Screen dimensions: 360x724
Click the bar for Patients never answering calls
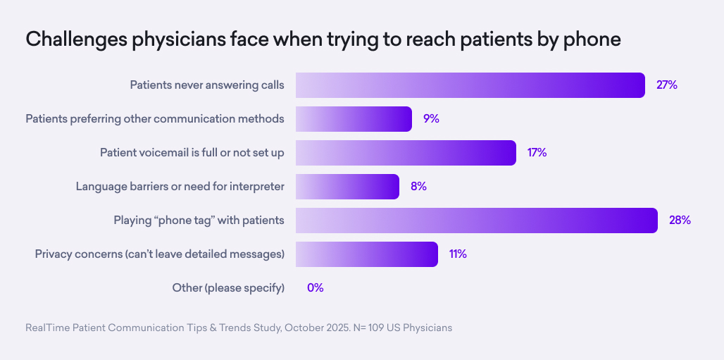click(x=470, y=85)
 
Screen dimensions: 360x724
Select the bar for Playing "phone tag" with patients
click(x=476, y=221)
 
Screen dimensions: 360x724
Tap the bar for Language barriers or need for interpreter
click(x=347, y=187)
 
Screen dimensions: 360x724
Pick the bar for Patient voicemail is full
click(x=406, y=153)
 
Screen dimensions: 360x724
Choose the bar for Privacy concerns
click(x=367, y=254)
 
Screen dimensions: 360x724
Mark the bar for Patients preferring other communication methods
click(x=354, y=119)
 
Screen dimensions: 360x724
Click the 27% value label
click(x=666, y=85)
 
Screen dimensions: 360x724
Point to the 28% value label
click(x=680, y=221)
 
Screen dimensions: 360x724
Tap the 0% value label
click(x=315, y=288)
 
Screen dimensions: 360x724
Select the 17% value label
click(x=537, y=153)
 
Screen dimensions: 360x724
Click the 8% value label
click(x=418, y=187)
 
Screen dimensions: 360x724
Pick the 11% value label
click(x=458, y=254)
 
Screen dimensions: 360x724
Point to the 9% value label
click(x=431, y=119)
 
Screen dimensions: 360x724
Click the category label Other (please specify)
click(x=228, y=288)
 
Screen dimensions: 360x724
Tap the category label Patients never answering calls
click(x=207, y=85)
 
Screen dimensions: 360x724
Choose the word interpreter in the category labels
click(x=256, y=187)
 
